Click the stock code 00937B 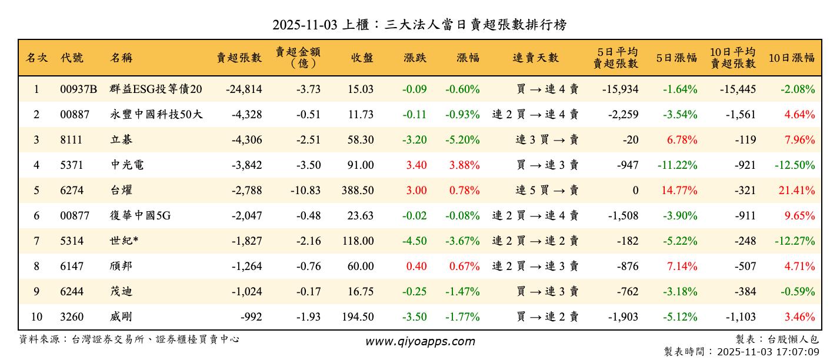(78, 89)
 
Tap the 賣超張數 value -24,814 (244, 89)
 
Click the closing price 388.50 (357, 191)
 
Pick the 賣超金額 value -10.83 (305, 191)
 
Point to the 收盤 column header (362, 58)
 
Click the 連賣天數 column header (535, 58)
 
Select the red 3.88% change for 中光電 (464, 165)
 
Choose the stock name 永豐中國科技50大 (156, 115)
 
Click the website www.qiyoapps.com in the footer (420, 341)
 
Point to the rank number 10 (36, 317)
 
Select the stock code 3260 (72, 317)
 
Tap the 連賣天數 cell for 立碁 (547, 140)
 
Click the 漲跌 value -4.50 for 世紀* (415, 241)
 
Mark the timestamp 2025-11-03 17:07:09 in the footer (768, 352)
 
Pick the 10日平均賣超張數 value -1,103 (739, 317)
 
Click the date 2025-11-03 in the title (305, 25)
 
